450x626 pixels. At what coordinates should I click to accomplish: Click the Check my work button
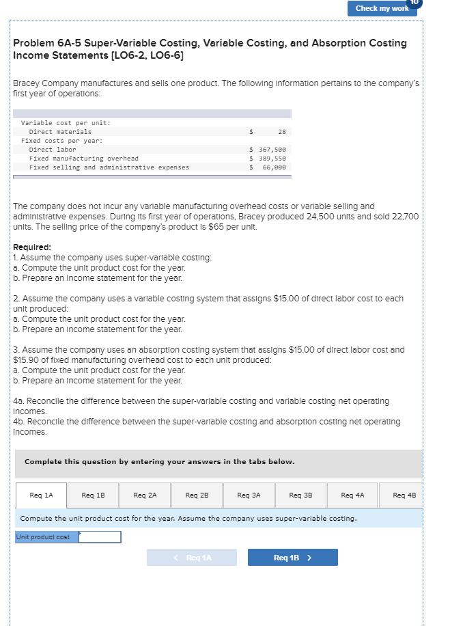pyautogui.click(x=382, y=8)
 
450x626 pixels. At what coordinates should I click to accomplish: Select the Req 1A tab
pyautogui.click(x=42, y=495)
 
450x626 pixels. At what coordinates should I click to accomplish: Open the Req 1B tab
pyautogui.click(x=93, y=495)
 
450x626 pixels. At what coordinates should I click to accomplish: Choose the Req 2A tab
pyautogui.click(x=145, y=495)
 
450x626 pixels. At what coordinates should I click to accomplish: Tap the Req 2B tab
pyautogui.click(x=197, y=495)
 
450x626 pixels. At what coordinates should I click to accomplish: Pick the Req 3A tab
pyautogui.click(x=249, y=495)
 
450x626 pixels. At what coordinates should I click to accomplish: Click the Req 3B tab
pyautogui.click(x=300, y=495)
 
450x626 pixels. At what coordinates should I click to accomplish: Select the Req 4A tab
pyautogui.click(x=352, y=495)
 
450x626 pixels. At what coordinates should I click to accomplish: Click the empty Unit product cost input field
pyautogui.click(x=100, y=537)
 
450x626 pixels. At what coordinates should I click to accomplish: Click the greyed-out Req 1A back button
pyautogui.click(x=192, y=558)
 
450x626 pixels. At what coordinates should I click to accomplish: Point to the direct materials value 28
pyautogui.click(x=282, y=132)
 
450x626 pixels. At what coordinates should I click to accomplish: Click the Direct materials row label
pyautogui.click(x=60, y=132)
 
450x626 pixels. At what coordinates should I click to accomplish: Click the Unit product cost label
pyautogui.click(x=43, y=537)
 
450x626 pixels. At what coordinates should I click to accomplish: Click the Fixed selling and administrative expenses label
pyautogui.click(x=109, y=167)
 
